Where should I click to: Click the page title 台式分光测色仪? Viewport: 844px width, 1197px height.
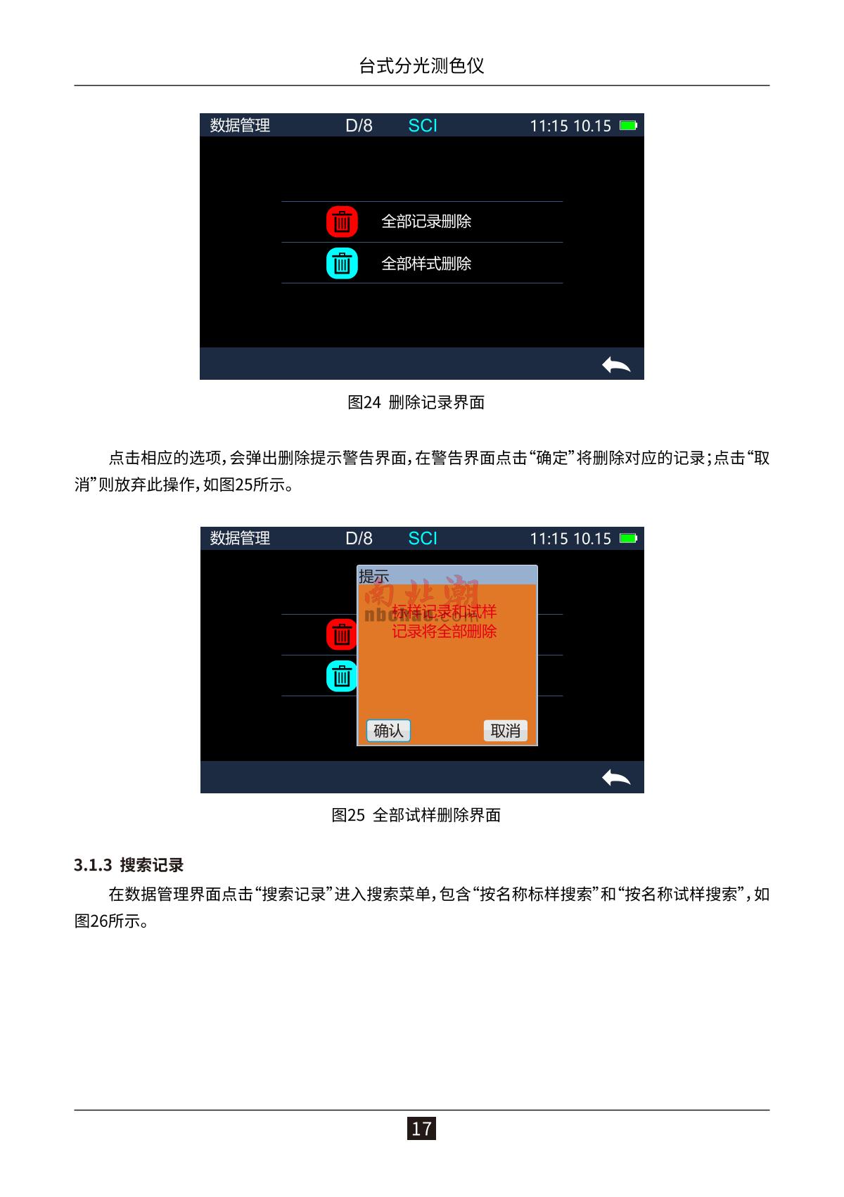tap(421, 65)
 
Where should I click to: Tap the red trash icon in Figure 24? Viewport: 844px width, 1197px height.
tap(342, 222)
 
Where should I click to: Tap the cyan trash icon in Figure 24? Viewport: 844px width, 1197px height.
tap(342, 263)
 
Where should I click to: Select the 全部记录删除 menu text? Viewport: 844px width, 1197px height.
tap(426, 222)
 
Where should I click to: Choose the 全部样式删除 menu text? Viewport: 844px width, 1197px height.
tap(426, 264)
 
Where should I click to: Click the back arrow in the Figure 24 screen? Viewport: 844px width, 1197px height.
tap(615, 365)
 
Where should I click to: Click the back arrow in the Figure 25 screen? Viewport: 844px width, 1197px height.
tap(615, 778)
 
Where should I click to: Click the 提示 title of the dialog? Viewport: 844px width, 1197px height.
tap(373, 576)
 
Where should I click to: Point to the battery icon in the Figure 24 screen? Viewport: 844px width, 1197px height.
tap(628, 125)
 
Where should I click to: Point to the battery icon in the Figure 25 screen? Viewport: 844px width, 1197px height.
tap(628, 538)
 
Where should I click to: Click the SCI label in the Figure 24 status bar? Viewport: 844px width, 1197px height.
tap(422, 126)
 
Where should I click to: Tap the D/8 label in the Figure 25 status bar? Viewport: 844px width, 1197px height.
tap(359, 538)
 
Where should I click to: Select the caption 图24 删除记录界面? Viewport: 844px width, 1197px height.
tap(416, 402)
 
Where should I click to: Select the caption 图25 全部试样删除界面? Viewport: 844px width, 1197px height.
tap(416, 815)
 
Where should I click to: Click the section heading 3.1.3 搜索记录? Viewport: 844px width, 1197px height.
tap(128, 864)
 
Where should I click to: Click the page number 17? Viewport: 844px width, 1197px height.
tap(421, 1129)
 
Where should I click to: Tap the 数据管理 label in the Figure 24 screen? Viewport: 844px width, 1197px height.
tap(240, 126)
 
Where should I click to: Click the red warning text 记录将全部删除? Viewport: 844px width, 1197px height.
tap(445, 631)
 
